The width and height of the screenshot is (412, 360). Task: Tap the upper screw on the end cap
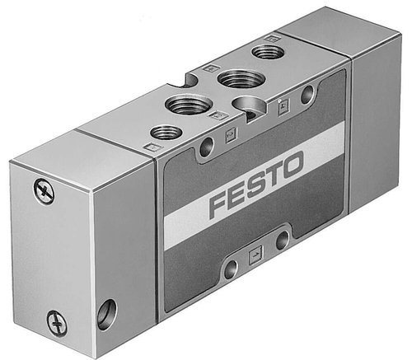(x=43, y=190)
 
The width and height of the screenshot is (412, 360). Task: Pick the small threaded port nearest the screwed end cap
(x=166, y=132)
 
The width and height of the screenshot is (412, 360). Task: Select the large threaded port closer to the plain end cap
(x=236, y=78)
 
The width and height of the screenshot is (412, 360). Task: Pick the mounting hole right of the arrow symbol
(x=282, y=241)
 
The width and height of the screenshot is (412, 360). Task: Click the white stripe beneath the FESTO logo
(x=255, y=216)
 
